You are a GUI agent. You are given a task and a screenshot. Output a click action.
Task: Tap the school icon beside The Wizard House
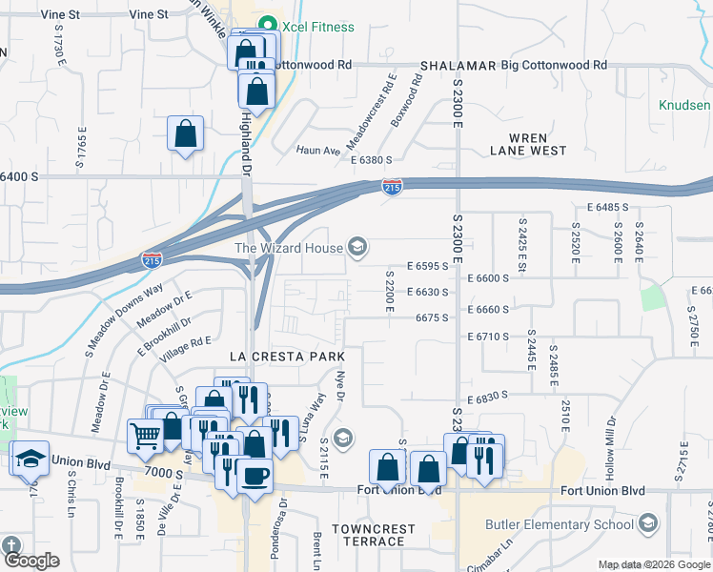click(357, 248)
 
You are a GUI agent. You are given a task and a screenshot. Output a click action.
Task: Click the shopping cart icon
click(145, 436)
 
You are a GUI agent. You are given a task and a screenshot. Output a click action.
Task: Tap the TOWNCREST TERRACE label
click(374, 535)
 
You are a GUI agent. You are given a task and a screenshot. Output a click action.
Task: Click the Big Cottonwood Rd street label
click(554, 66)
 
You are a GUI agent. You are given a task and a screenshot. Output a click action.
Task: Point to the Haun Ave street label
click(317, 151)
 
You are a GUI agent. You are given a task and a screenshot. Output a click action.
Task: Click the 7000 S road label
click(166, 474)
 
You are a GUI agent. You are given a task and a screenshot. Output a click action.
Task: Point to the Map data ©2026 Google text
click(653, 564)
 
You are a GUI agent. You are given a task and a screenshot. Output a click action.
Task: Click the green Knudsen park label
click(685, 105)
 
